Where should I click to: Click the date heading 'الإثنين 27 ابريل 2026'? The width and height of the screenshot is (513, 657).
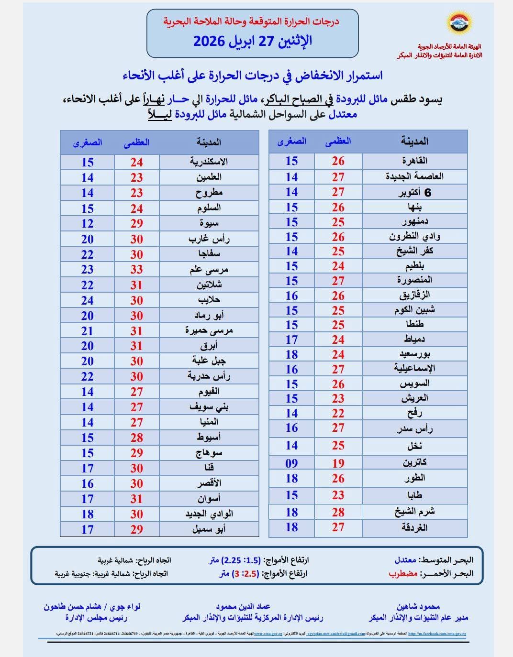252,41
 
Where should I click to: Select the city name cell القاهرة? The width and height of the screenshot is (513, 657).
414,161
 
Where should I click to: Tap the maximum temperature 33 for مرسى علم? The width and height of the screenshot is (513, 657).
137,269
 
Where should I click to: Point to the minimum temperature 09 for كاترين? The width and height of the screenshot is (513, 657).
291,463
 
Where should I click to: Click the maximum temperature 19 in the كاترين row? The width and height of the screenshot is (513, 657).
338,463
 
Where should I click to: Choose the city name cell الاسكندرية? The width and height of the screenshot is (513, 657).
209,162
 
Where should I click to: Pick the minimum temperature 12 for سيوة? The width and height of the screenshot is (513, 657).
87,223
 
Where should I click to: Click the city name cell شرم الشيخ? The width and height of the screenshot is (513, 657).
414,512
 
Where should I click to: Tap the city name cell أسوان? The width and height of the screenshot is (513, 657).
209,498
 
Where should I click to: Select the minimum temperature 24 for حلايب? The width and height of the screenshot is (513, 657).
87,300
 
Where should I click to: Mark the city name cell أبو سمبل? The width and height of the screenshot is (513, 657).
209,529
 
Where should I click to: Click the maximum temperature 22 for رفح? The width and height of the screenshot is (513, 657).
338,413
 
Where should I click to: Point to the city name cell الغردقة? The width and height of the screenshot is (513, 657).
414,527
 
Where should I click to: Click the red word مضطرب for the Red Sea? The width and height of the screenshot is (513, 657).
403,573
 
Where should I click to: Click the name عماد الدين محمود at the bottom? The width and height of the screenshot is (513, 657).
243,606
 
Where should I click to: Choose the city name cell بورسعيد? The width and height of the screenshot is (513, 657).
414,354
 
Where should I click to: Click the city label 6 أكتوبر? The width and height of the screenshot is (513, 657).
414,192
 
